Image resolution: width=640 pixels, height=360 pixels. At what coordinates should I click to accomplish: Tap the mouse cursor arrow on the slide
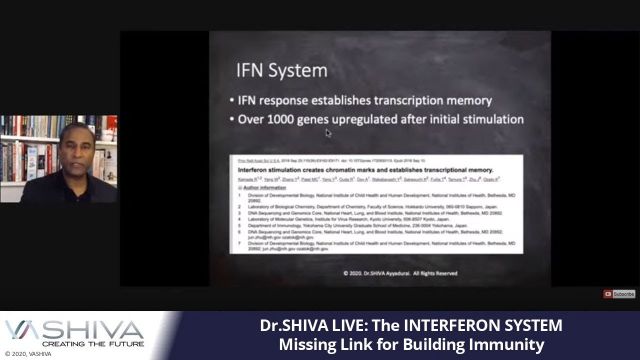click(x=328, y=133)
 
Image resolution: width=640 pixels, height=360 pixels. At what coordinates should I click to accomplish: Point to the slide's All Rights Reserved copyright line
click(x=386, y=271)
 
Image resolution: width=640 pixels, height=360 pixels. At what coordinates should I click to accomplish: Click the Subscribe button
click(x=621, y=294)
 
